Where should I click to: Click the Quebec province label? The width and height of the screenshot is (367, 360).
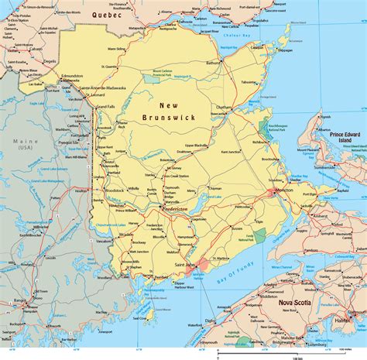coord(108,15)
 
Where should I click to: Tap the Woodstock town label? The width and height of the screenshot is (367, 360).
coord(115,190)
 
